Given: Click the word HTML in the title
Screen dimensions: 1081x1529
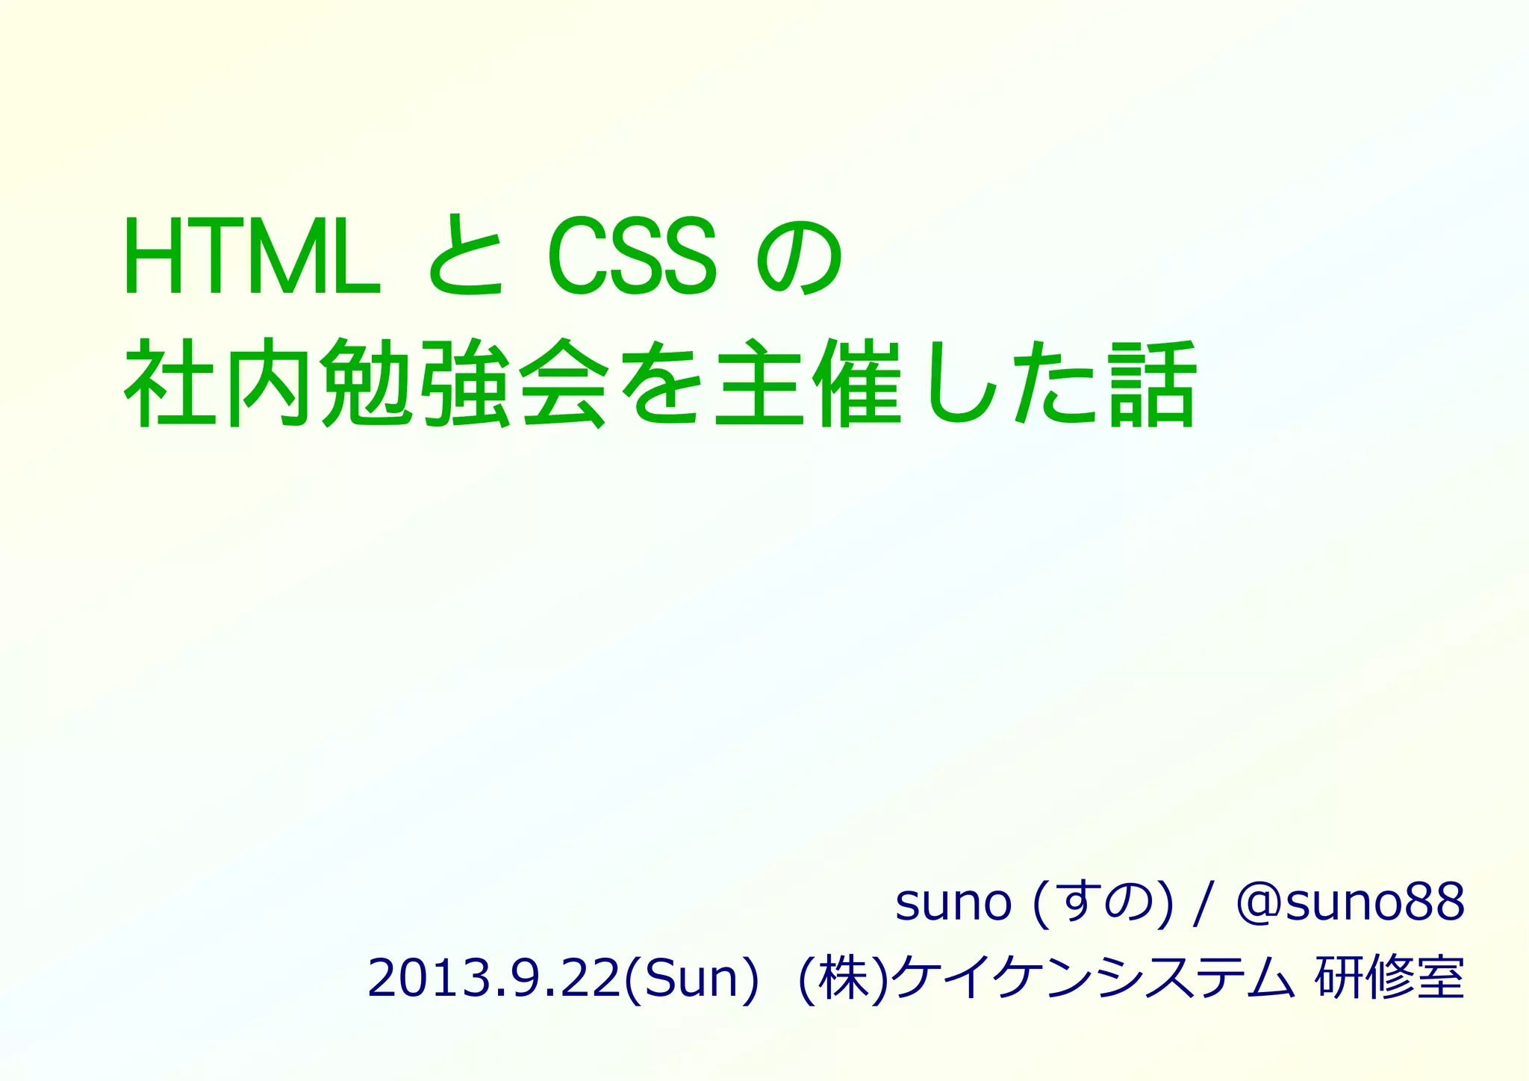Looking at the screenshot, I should pos(252,258).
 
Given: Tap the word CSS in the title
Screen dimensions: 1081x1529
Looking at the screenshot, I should pos(632,258).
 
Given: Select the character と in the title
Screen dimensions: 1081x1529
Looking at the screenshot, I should pos(466,258).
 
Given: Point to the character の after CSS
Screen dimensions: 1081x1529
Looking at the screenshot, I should pos(800,258).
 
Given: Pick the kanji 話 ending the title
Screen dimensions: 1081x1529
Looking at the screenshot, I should pos(1153,383).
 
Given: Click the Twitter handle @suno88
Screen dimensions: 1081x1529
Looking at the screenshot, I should pos(1350,902).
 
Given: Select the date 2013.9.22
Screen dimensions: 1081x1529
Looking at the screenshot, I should pos(493,978).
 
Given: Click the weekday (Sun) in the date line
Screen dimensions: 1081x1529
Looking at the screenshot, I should pos(690,978).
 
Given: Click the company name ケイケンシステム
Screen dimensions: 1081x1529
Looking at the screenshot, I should pos(1094,978).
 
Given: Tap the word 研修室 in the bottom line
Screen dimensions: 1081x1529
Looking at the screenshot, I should pos(1389,978).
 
